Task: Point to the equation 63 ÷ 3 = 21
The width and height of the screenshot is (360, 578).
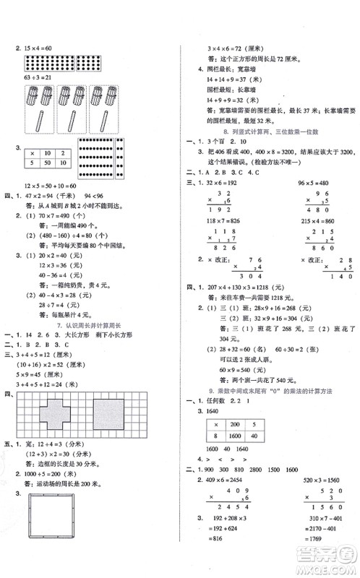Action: [35, 77]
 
